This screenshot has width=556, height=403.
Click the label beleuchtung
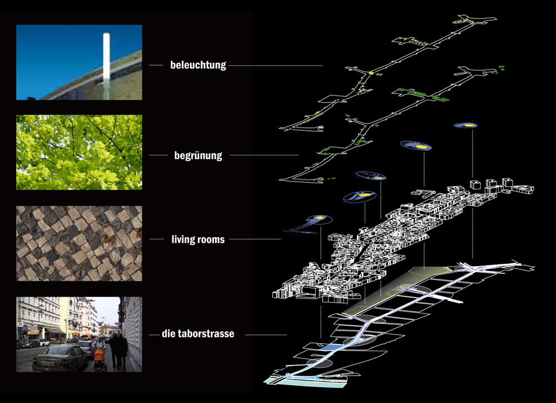coord(198,65)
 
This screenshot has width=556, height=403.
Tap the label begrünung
coord(197,155)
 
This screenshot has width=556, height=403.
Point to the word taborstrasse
coord(205,334)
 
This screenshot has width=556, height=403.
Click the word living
coord(182,240)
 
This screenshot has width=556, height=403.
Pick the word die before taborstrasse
coord(168,334)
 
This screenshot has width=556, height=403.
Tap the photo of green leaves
coord(79,153)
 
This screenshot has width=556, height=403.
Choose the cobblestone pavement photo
coord(79,243)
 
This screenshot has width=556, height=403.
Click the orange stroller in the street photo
coord(100,355)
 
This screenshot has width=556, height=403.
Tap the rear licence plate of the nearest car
coord(47,362)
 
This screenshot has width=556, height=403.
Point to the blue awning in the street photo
coord(54,331)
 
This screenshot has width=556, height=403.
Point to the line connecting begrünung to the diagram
coord(264,155)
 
